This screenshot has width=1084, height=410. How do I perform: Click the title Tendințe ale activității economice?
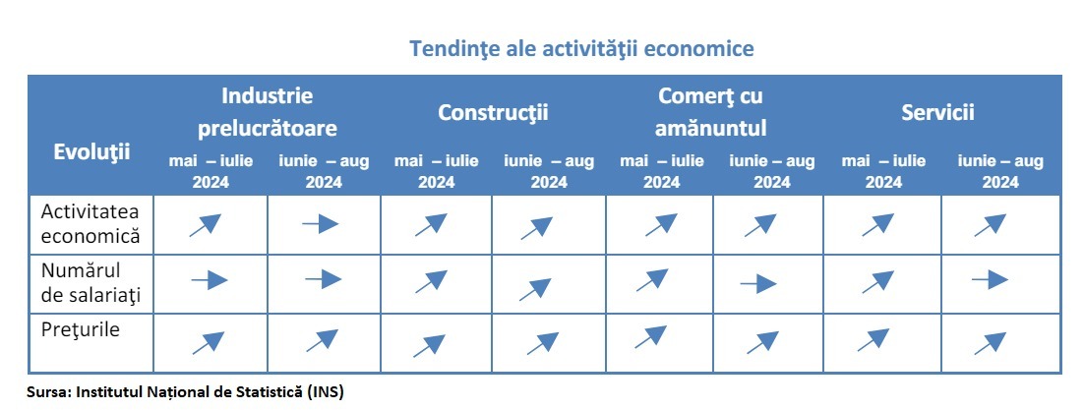[581, 49]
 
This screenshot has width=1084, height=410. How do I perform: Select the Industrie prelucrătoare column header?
[267, 111]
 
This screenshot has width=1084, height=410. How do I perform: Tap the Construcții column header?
[493, 112]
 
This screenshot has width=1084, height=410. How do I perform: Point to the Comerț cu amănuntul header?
[710, 111]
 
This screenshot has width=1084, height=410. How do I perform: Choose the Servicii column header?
[937, 112]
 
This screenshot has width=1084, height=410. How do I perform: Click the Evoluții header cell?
[91, 152]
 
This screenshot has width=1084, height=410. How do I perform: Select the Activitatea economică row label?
[90, 224]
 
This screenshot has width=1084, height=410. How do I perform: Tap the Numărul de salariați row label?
[90, 283]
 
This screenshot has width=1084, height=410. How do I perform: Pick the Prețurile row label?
[81, 329]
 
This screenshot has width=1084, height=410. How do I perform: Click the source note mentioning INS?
[185, 392]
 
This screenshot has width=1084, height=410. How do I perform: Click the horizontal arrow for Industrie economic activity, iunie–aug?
[320, 224]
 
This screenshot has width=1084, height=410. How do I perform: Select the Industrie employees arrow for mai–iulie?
[210, 280]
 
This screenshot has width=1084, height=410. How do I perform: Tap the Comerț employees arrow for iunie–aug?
[758, 283]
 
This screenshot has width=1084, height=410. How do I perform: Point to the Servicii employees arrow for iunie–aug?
[990, 279]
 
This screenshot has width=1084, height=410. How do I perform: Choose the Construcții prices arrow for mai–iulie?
[429, 346]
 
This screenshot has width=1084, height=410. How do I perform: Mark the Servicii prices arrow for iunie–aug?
[991, 343]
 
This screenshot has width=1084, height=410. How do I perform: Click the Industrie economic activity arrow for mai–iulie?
[206, 225]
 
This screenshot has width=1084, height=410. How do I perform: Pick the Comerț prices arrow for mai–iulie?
[650, 336]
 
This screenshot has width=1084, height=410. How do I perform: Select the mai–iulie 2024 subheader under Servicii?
[883, 171]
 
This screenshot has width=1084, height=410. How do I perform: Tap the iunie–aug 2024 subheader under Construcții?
[549, 171]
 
